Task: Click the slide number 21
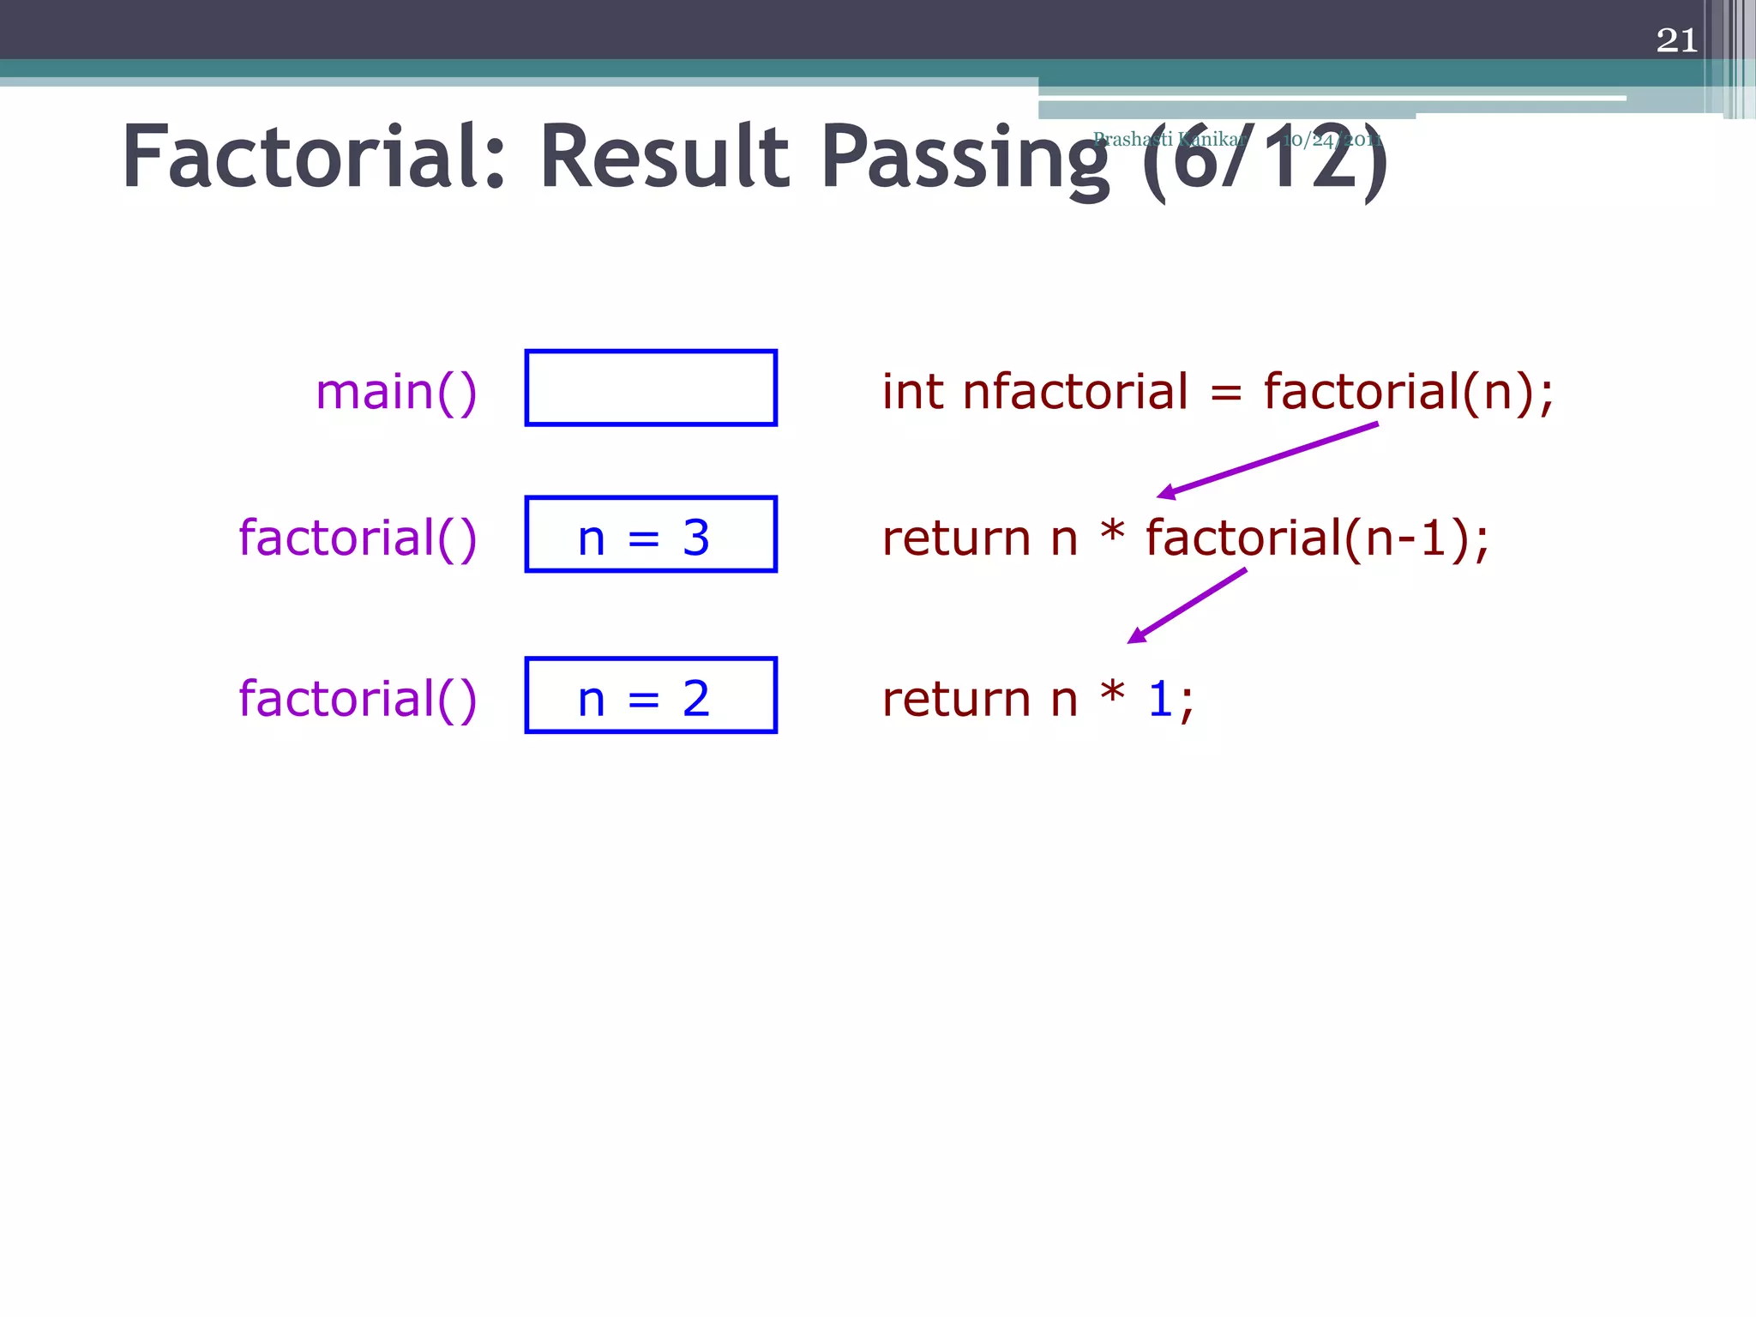point(1676,40)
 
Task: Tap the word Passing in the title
point(965,159)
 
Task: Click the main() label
point(396,392)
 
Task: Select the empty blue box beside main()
point(651,388)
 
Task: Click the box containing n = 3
point(651,534)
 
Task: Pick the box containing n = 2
point(651,695)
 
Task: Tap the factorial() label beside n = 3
point(358,538)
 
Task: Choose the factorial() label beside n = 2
point(358,699)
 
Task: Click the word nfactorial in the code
point(1075,392)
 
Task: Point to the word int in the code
point(913,392)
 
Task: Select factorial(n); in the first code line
point(1408,392)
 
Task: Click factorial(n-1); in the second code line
point(1317,538)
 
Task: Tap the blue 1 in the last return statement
point(1160,699)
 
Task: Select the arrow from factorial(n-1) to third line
point(1187,605)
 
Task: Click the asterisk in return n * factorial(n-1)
point(1112,532)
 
